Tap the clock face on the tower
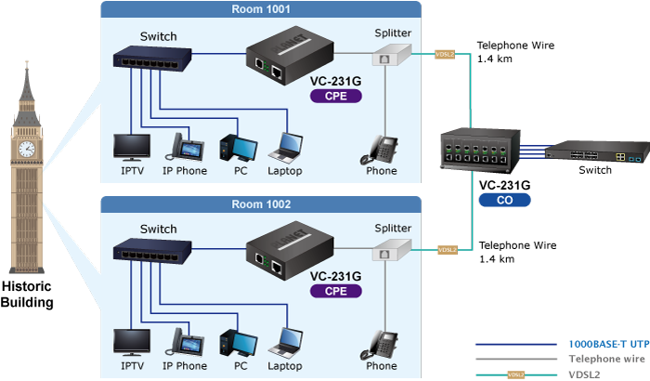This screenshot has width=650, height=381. (26, 148)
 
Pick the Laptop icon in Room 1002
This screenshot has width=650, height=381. (287, 343)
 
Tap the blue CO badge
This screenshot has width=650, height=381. (503, 199)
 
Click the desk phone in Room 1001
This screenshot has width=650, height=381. (383, 149)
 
